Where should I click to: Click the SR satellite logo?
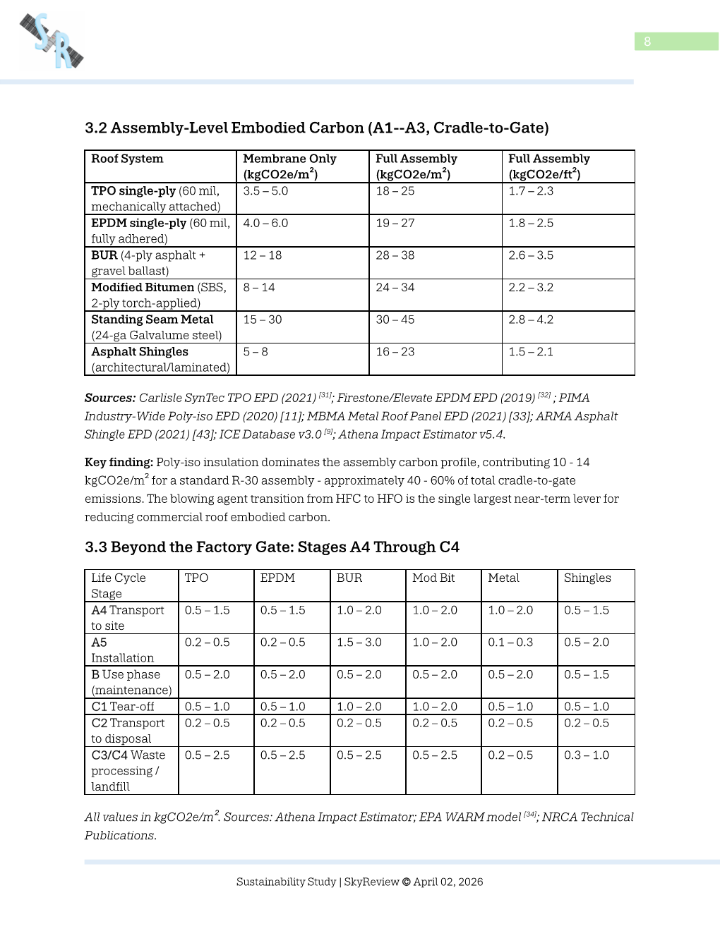pyautogui.click(x=52, y=41)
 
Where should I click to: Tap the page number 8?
pyautogui.click(x=647, y=42)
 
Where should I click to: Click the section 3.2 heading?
pyautogui.click(x=316, y=128)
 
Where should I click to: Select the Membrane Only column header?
pyautogui.click(x=289, y=166)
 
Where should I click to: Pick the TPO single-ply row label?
pyautogui.click(x=133, y=191)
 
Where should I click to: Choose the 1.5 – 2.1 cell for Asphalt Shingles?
pyautogui.click(x=530, y=352)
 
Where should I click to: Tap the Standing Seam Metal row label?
pyautogui.click(x=152, y=320)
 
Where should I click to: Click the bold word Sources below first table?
pyautogui.click(x=109, y=398)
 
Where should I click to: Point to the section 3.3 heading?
pyautogui.click(x=272, y=547)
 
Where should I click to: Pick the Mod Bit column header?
pyautogui.click(x=433, y=578)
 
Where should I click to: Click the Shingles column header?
pyautogui.click(x=587, y=578)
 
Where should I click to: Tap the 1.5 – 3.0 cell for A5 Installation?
pyautogui.click(x=359, y=643)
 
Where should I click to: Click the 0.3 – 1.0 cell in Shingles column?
pyautogui.click(x=586, y=755)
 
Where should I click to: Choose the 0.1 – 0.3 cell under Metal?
pyautogui.click(x=510, y=643)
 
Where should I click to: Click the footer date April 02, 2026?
pyautogui.click(x=448, y=882)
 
